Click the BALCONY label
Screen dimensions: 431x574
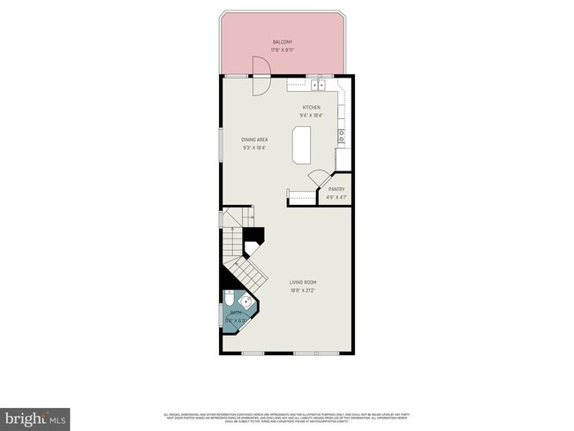click(283, 42)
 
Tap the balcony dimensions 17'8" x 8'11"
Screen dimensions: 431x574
click(283, 49)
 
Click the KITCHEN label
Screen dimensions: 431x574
click(312, 107)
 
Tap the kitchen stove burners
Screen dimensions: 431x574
click(340, 136)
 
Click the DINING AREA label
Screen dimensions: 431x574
click(256, 140)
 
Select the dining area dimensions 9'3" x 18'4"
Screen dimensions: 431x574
click(256, 147)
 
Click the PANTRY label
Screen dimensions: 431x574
click(336, 189)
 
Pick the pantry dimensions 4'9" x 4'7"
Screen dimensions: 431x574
click(336, 196)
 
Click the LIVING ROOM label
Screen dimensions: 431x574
click(305, 283)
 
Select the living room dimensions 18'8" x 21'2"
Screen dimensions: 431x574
click(305, 290)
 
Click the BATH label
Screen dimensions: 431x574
click(237, 313)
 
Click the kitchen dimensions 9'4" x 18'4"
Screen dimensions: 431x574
click(312, 115)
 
